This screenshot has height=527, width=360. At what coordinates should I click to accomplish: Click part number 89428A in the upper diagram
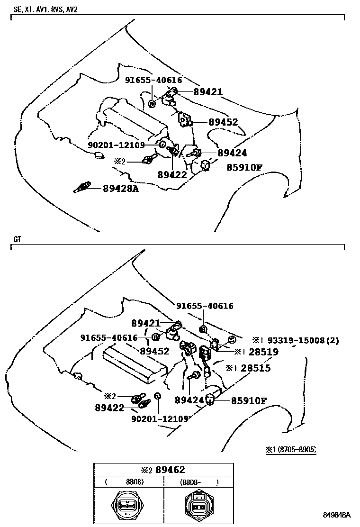(x=121, y=189)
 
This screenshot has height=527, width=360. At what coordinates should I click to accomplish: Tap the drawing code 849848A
(x=337, y=515)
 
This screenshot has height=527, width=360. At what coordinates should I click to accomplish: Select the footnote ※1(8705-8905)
(x=291, y=449)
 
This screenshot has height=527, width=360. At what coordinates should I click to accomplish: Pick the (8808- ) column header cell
(x=199, y=482)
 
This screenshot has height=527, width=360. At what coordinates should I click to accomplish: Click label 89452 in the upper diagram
(x=223, y=122)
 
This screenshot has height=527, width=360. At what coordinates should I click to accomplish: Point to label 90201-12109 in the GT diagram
(x=160, y=418)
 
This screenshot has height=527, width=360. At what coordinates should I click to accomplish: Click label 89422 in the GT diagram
(x=109, y=407)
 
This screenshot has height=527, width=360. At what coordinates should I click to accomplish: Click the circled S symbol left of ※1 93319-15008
(x=232, y=339)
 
